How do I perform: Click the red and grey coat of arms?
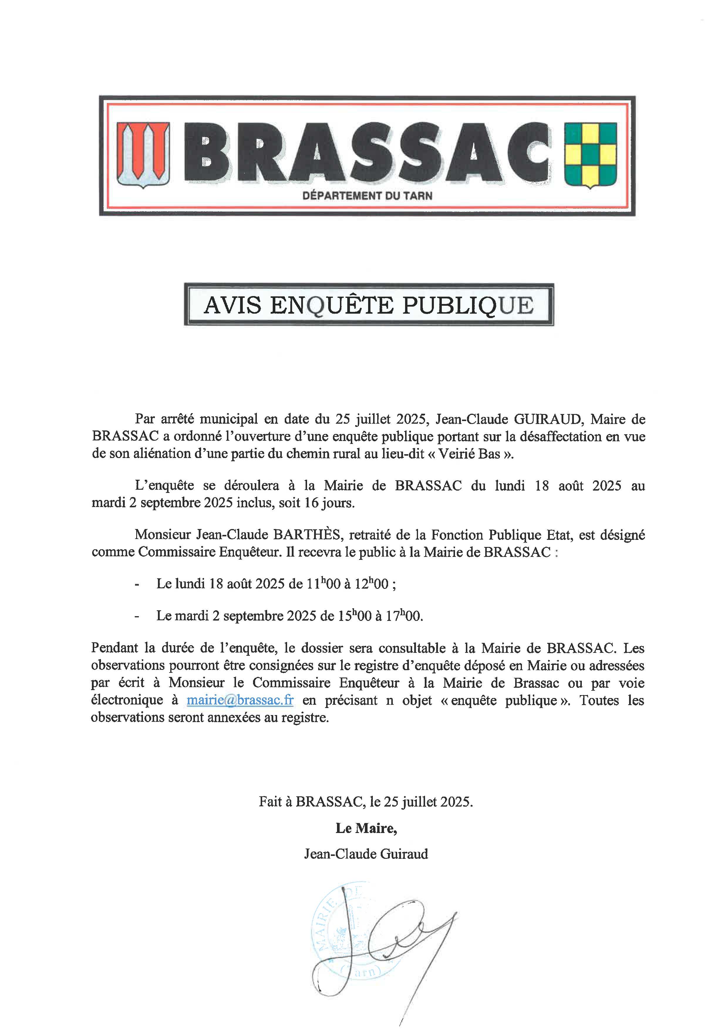tap(143, 155)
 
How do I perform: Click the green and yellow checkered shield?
tap(590, 155)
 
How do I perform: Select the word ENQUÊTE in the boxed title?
tap(332, 305)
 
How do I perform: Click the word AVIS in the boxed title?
tap(232, 305)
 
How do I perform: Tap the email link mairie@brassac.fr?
tap(240, 700)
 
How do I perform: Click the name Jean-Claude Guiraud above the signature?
tap(366, 854)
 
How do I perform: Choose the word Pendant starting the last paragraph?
tap(114, 648)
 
